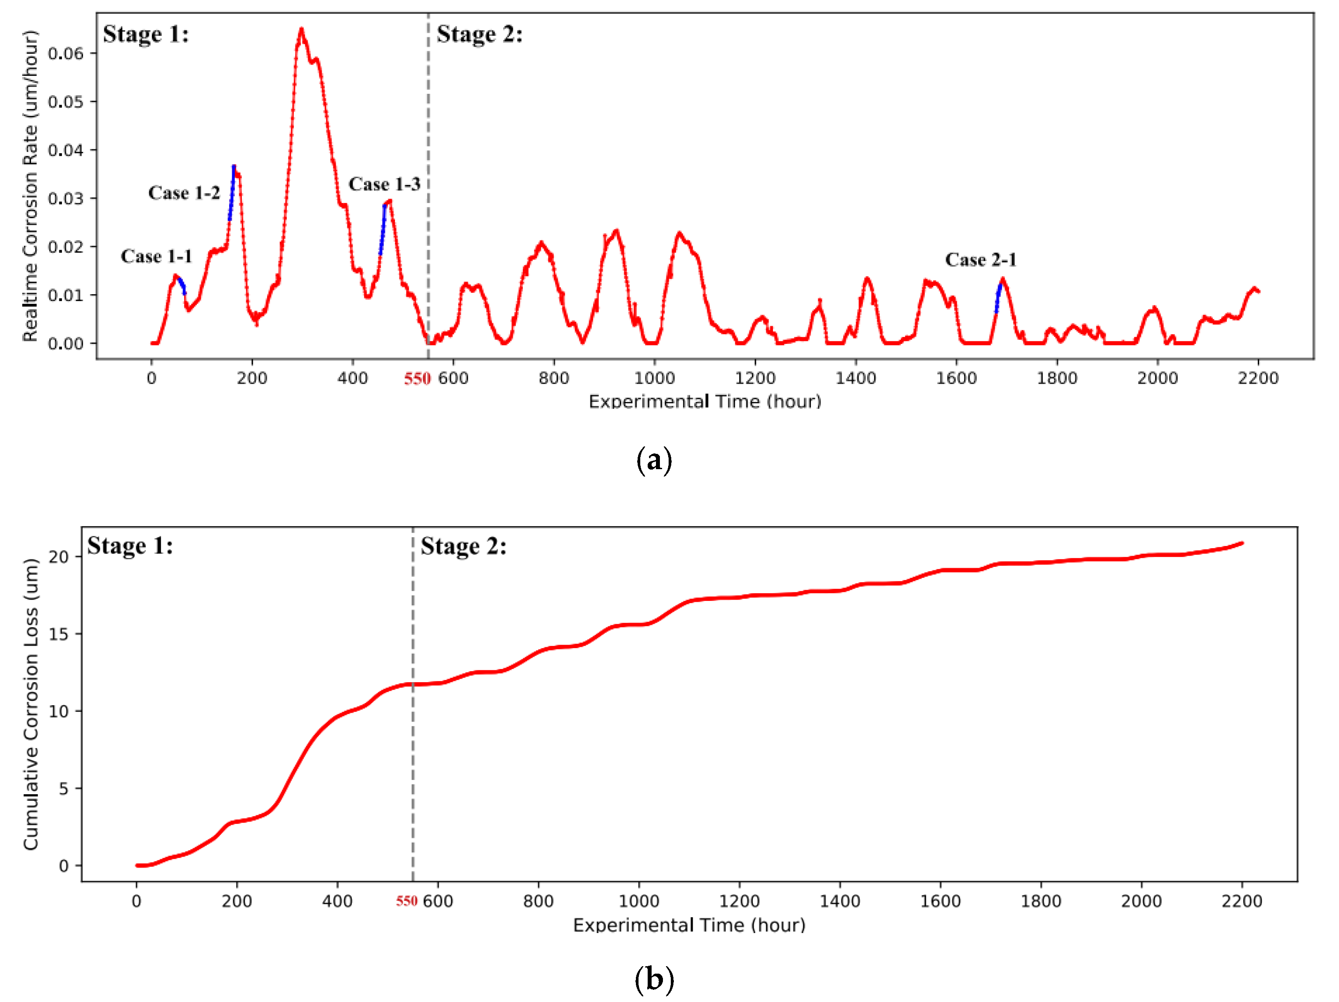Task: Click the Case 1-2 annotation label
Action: coord(184,193)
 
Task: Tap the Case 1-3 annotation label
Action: coord(385,184)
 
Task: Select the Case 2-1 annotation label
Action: coord(981,260)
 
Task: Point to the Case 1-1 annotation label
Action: coord(156,257)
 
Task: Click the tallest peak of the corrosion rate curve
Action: coord(301,30)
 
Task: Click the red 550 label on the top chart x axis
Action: coord(417,379)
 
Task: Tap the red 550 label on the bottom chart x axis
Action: coord(407,902)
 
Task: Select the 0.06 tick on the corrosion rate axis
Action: coord(65,54)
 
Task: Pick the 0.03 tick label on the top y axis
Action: coord(65,199)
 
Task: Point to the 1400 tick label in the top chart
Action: coord(855,378)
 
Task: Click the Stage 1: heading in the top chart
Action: coord(146,34)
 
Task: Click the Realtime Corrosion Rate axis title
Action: coord(30,186)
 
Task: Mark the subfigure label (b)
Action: coord(654,979)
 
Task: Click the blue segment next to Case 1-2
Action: coord(232,194)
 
